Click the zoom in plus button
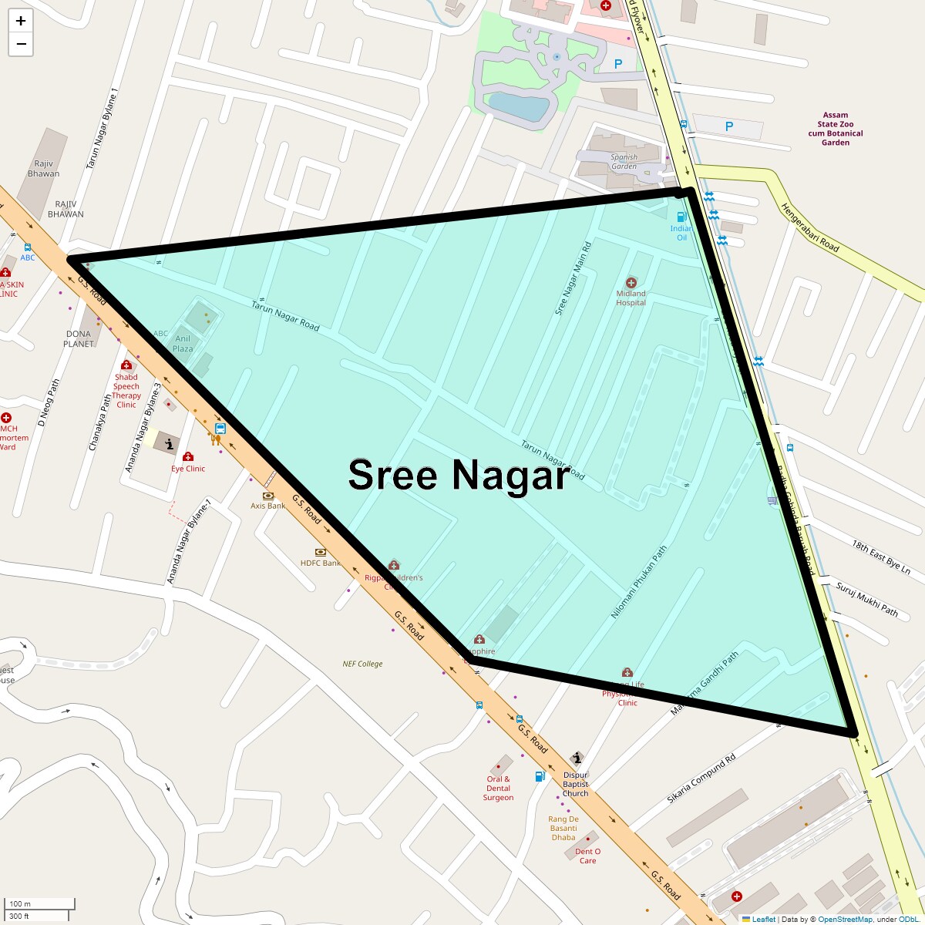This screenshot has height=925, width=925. [21, 21]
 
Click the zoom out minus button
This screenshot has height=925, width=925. [21, 44]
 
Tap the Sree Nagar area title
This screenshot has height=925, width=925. [459, 475]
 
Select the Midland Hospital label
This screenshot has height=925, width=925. [631, 298]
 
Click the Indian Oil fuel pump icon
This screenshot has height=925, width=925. [681, 217]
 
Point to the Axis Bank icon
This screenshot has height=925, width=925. [268, 496]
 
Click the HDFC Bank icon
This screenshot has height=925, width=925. [320, 553]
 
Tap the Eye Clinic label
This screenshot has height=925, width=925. [188, 469]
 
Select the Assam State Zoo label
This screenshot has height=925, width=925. [836, 129]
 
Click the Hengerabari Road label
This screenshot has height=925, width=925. [809, 227]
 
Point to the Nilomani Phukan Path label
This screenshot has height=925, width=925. [639, 583]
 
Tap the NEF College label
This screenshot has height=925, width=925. [362, 664]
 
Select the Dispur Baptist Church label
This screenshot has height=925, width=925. [576, 784]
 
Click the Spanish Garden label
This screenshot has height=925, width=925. [624, 162]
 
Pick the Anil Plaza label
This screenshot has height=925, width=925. [183, 344]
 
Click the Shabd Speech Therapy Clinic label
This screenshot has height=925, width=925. [126, 391]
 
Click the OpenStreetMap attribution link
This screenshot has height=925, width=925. [845, 919]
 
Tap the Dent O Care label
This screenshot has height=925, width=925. [587, 856]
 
